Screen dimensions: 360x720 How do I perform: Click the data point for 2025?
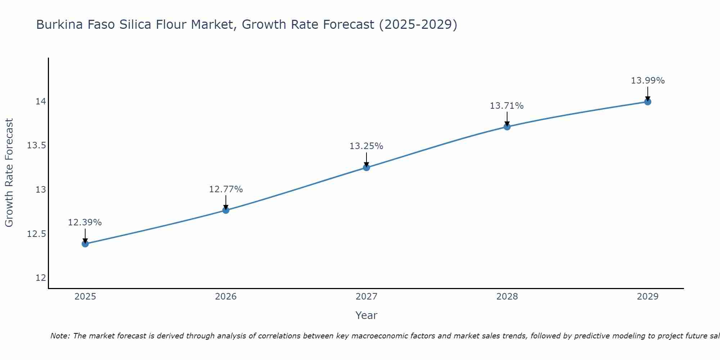click(x=85, y=244)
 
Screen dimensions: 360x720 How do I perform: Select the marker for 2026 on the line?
click(x=226, y=210)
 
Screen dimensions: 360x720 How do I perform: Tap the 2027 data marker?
click(x=366, y=167)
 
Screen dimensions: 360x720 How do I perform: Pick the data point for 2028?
click(x=507, y=127)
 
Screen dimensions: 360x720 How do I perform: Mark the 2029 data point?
click(x=648, y=102)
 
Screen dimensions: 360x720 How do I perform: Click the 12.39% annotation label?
click(x=85, y=222)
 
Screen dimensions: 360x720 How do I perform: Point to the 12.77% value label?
click(x=226, y=189)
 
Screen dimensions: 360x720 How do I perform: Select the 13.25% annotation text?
click(x=366, y=146)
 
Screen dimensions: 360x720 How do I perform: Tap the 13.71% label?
click(x=507, y=106)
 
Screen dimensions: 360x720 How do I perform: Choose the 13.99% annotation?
click(x=648, y=81)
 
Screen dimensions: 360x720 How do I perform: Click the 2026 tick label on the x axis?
click(x=226, y=297)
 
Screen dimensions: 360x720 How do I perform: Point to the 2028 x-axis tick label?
click(x=507, y=297)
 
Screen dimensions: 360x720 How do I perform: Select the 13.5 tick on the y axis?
click(x=37, y=146)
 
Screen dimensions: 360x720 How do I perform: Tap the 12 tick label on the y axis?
click(x=41, y=278)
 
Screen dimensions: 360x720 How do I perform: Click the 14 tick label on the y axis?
click(x=41, y=102)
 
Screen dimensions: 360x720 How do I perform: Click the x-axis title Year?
click(x=366, y=315)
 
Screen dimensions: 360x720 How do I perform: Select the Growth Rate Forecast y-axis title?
click(x=9, y=172)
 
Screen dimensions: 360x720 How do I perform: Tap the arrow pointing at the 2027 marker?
click(x=366, y=159)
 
